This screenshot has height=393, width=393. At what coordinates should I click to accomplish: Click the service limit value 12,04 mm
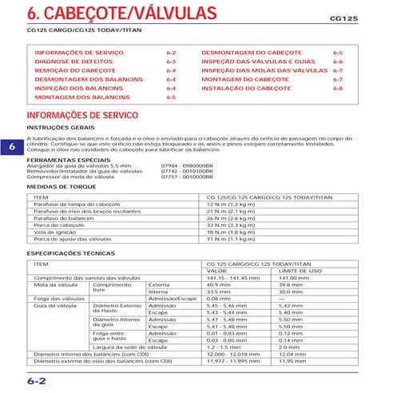tap(292, 354)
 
